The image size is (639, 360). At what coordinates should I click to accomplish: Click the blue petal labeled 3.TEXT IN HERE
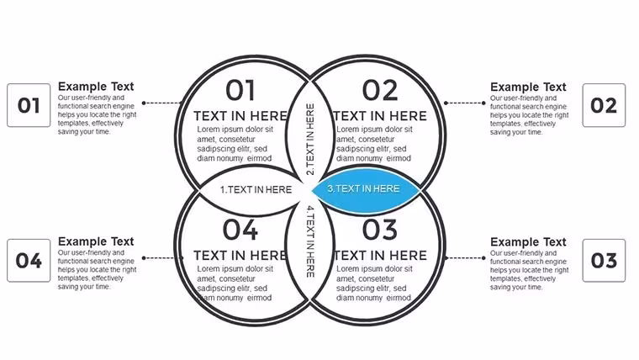[366, 190]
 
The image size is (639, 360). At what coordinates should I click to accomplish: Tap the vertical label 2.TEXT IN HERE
[310, 139]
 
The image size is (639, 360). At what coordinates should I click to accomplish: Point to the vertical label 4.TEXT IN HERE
[310, 241]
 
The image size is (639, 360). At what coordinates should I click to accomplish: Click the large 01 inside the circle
[240, 90]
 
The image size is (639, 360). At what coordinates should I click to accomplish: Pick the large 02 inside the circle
[380, 90]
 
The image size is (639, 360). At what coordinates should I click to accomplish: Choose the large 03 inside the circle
[380, 230]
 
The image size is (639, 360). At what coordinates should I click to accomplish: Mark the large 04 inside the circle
[240, 230]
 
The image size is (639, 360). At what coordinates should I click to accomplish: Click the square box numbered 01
[29, 105]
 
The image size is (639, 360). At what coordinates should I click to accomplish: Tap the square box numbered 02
[604, 105]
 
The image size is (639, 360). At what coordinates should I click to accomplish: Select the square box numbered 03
[604, 261]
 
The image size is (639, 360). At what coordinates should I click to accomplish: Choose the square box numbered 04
[29, 261]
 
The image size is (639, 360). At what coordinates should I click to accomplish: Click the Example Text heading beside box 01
[96, 87]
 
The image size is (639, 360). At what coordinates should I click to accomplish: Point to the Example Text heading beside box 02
[528, 87]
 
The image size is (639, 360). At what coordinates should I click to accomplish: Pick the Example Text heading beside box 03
[528, 241]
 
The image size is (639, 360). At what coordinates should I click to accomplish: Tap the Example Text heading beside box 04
[96, 241]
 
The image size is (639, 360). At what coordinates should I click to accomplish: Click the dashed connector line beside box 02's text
[465, 103]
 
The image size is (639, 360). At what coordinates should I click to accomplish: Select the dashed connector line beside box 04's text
[163, 257]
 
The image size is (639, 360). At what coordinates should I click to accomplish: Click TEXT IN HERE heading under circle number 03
[380, 255]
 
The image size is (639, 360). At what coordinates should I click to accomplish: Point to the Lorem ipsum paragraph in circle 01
[235, 144]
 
